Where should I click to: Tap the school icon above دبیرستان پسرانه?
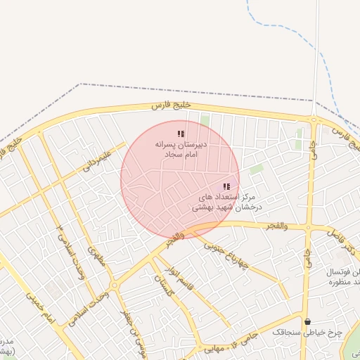(181, 134)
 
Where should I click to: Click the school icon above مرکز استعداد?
(226, 187)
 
